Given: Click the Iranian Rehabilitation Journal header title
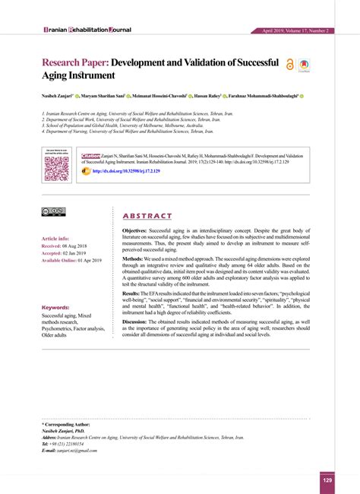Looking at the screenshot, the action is pyautogui.click(x=77, y=30).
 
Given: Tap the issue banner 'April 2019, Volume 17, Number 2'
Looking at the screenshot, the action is pyautogui.click(x=295, y=30).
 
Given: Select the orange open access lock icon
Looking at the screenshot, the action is pyautogui.click(x=289, y=65).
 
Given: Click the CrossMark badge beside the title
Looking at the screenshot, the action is pyautogui.click(x=303, y=66).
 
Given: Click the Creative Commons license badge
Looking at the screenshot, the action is pyautogui.click(x=53, y=211).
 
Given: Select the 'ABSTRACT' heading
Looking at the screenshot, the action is pyautogui.click(x=147, y=216).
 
